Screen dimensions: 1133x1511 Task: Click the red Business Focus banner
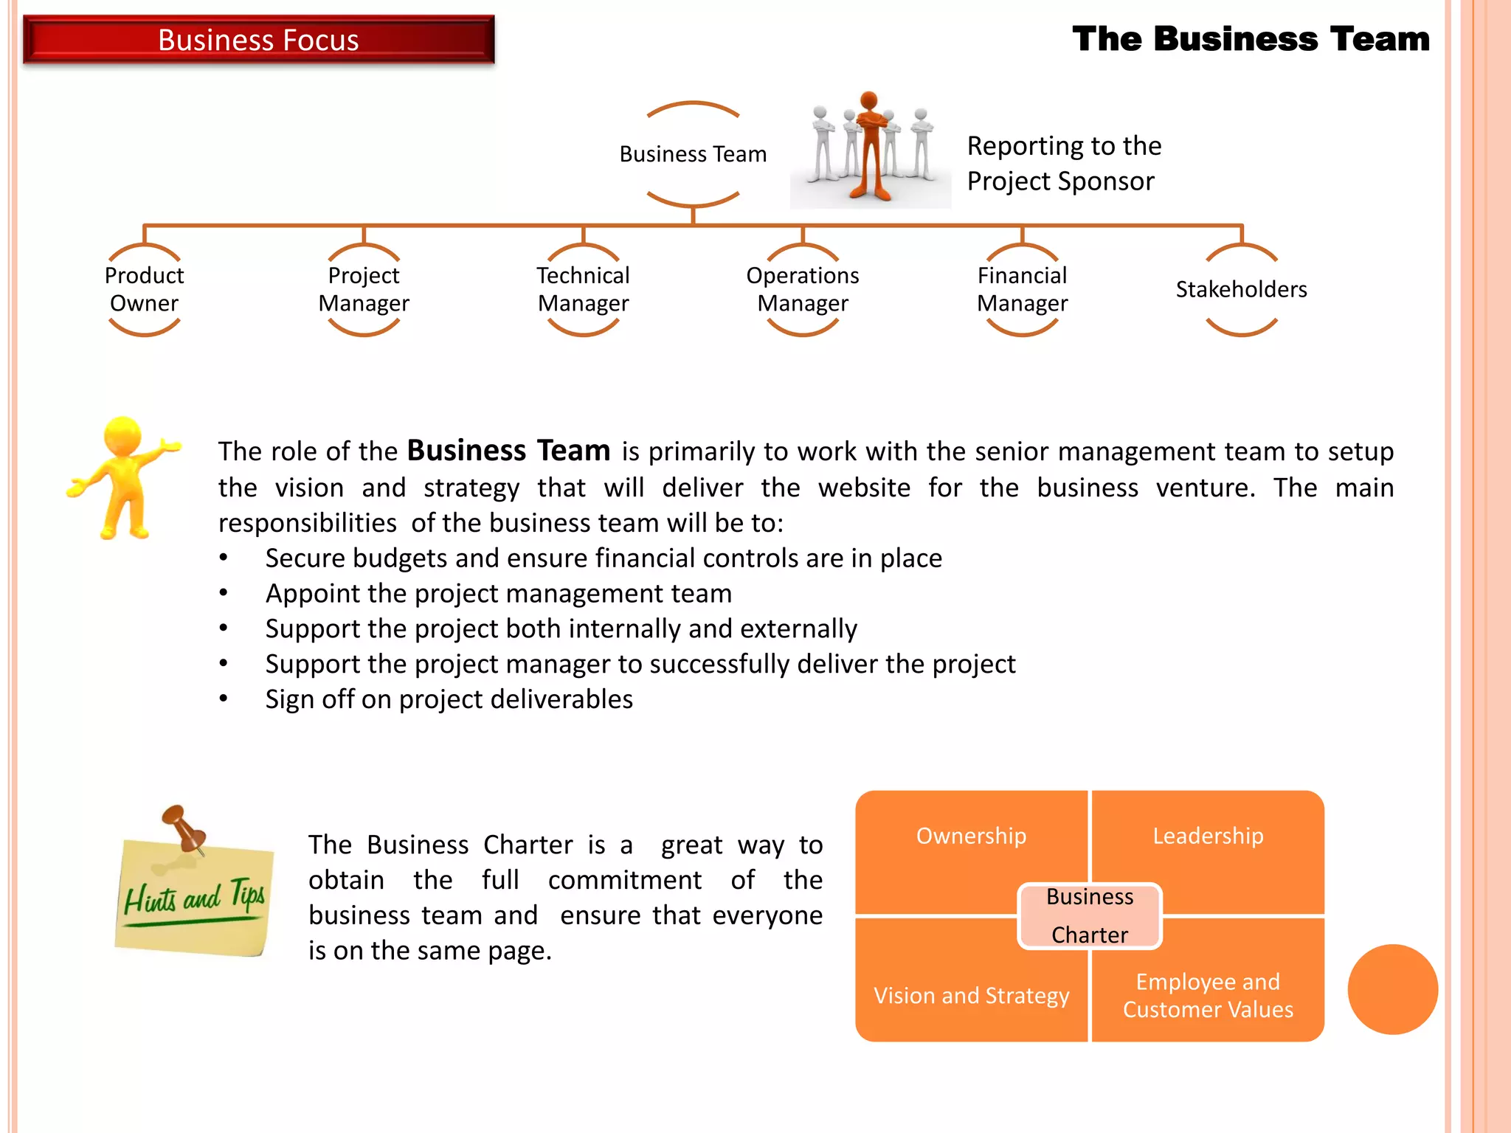258,40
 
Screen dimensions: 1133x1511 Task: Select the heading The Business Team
1251,39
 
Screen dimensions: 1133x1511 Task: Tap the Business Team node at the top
693,154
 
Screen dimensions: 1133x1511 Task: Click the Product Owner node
144,289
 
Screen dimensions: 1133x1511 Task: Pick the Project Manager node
364,289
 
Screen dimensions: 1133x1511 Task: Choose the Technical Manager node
583,289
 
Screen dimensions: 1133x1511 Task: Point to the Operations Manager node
803,289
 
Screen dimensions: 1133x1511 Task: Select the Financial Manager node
1022,289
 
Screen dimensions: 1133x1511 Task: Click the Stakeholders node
1241,289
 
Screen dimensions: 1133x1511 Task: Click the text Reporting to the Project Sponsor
1063,163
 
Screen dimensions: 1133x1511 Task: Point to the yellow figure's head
122,435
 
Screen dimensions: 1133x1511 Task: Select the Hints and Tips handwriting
194,898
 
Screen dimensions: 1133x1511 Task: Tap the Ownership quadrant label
971,836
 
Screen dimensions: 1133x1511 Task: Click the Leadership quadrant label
1208,836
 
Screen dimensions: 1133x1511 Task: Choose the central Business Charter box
1090,915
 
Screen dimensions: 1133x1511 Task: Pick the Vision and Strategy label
971,995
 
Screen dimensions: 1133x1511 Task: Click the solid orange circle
1392,989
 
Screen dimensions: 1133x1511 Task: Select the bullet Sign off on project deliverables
449,699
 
